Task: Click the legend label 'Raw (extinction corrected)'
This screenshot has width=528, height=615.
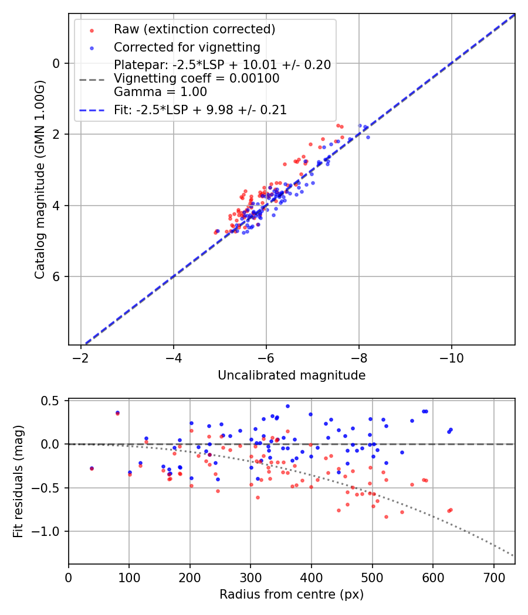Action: pyautogui.click(x=194, y=29)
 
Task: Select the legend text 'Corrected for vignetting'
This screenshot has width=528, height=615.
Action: pyautogui.click(x=187, y=47)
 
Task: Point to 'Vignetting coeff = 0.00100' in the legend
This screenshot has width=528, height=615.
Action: pyautogui.click(x=197, y=78)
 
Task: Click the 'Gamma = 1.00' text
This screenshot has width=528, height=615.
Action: pyautogui.click(x=160, y=92)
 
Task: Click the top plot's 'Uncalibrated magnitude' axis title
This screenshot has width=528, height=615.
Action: pyautogui.click(x=292, y=375)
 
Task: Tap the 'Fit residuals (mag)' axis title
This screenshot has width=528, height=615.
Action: pyautogui.click(x=19, y=481)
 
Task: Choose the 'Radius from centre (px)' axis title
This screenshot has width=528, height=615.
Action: pyautogui.click(x=292, y=594)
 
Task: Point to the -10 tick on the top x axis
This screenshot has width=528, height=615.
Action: pyautogui.click(x=452, y=357)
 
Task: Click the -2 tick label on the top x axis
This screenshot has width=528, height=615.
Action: pyautogui.click(x=80, y=357)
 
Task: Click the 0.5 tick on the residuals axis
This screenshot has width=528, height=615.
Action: pyautogui.click(x=52, y=401)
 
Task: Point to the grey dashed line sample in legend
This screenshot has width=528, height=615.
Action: pyautogui.click(x=92, y=78)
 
